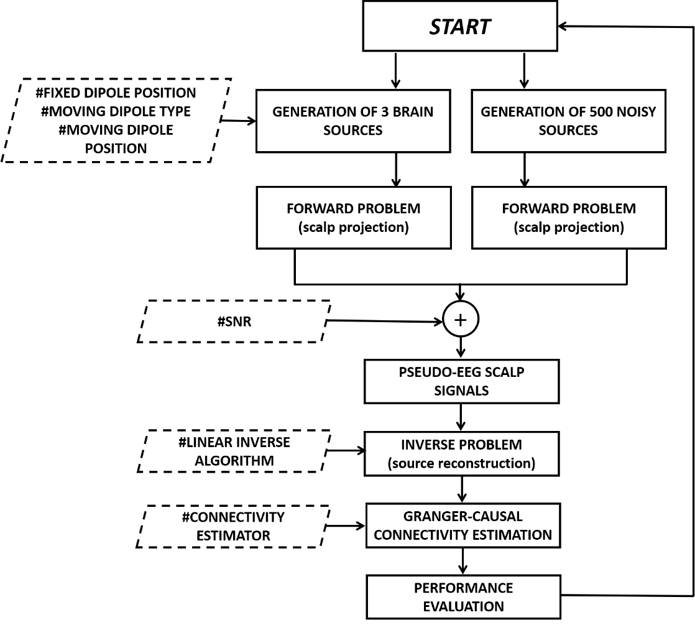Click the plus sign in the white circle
(x=460, y=320)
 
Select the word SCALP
(x=506, y=373)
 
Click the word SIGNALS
(x=461, y=391)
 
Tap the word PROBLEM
(x=491, y=445)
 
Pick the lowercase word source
(x=413, y=464)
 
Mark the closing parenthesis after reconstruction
(x=533, y=464)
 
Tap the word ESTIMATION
(x=515, y=535)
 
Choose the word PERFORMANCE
(x=464, y=588)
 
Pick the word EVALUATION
(x=464, y=607)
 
